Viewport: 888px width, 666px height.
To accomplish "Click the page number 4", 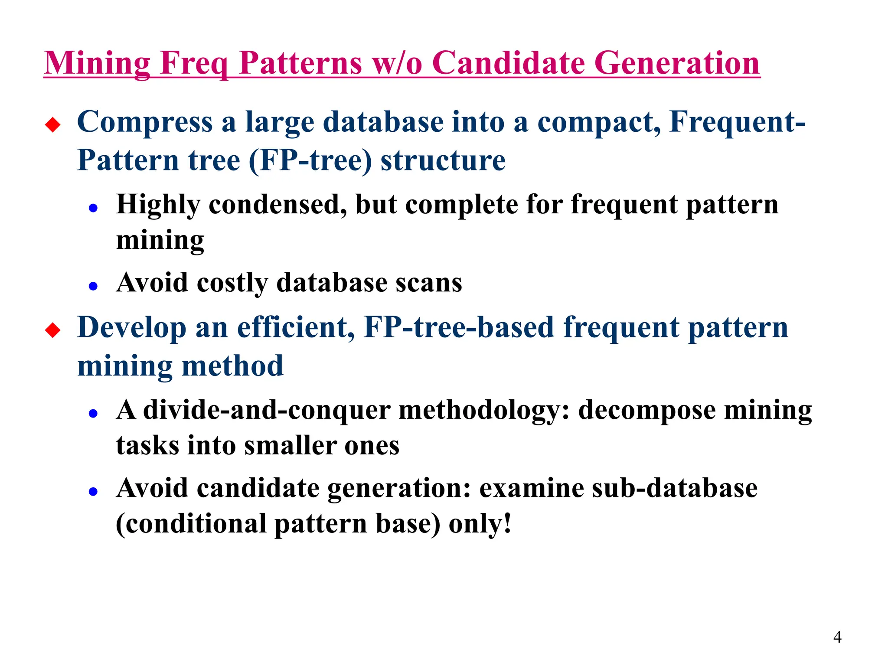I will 837,637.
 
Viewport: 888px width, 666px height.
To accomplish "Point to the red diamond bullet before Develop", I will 53,330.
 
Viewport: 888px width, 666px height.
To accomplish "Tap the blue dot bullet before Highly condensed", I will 93,208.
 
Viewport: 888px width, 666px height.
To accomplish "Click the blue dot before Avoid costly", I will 93,286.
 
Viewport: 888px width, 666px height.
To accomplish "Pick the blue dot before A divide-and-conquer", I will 93,413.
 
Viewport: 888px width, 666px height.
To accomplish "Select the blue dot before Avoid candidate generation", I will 93,491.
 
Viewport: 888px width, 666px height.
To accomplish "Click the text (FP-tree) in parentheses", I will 310,160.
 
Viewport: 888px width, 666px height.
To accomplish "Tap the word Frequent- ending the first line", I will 737,122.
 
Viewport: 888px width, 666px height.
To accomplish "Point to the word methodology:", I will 483,411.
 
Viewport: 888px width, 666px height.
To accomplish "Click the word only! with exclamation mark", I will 480,524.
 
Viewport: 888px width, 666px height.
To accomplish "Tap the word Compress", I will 145,123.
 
